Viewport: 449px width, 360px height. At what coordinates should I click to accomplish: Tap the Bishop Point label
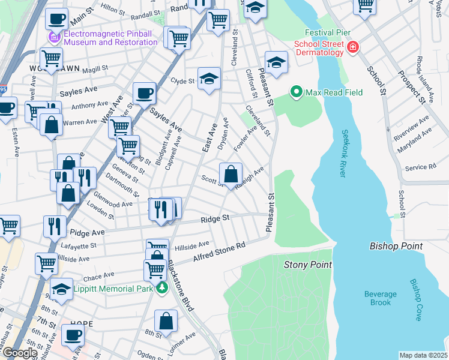coord(396,246)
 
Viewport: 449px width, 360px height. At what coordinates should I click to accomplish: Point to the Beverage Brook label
coord(380,298)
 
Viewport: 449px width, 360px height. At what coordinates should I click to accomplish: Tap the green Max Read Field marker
coord(295,92)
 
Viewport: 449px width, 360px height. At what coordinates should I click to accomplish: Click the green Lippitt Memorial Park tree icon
coord(162,289)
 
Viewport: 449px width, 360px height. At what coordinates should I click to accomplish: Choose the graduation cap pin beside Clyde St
coord(209,79)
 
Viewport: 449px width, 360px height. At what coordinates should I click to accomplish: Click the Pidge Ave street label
coord(87,232)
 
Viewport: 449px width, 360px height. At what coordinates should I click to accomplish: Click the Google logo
coord(20,353)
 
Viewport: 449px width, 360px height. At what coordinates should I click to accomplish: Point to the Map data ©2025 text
coord(423,355)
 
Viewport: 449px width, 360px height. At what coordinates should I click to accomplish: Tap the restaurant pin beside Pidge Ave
coord(55,226)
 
